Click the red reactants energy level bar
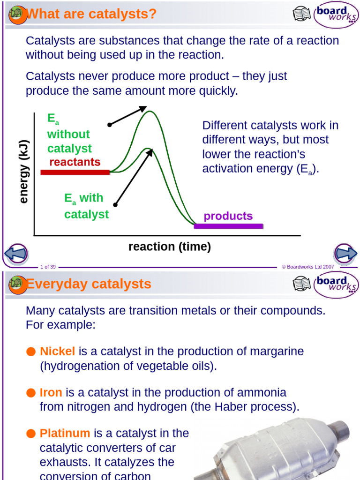[75, 172]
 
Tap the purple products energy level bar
[228, 226]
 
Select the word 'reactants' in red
[75, 162]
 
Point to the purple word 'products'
[228, 216]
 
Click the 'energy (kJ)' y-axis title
[24, 172]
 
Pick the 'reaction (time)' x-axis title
[170, 247]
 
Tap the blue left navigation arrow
[16, 254]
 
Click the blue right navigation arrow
[345, 254]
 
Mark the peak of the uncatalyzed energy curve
[150, 111]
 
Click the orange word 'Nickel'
[58, 351]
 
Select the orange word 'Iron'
[51, 392]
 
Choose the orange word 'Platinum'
[65, 433]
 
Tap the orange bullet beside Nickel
[31, 352]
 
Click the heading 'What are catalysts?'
[92, 14]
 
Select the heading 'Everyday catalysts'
[89, 284]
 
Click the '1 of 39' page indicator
[48, 267]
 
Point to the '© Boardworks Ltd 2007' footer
[307, 267]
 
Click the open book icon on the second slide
[302, 284]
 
